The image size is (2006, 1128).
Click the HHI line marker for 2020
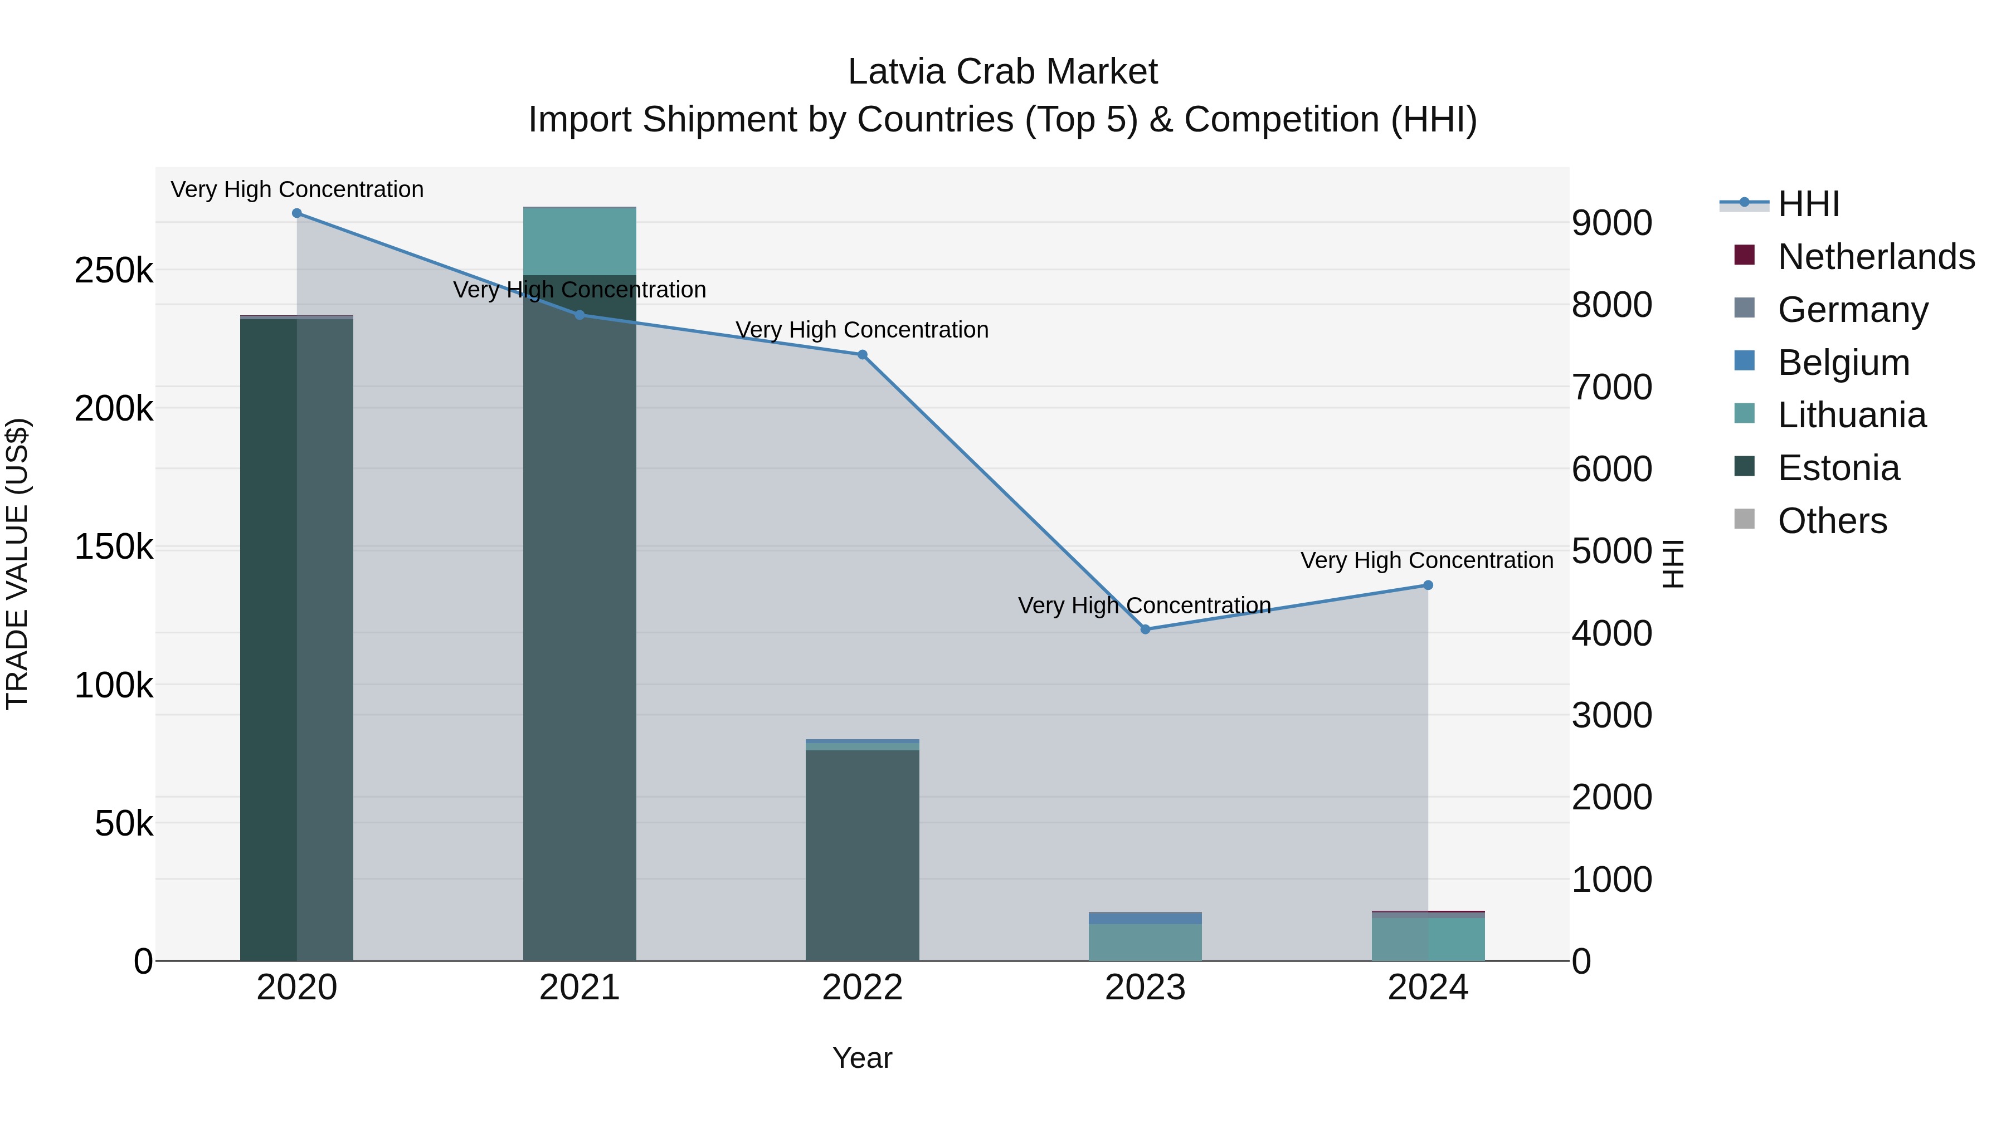click(296, 213)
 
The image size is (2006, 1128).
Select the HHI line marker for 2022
click(862, 355)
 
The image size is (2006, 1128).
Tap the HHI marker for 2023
click(1145, 629)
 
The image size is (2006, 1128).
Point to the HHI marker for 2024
click(1428, 585)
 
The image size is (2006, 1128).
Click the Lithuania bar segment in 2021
click(580, 241)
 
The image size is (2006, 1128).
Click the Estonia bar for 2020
click(296, 638)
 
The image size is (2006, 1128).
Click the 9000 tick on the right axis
click(1611, 223)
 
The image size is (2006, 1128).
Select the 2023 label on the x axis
click(1145, 988)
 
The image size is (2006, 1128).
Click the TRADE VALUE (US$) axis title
click(18, 564)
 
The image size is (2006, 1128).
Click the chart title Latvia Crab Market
click(1002, 72)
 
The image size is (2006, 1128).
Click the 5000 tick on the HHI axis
click(1611, 551)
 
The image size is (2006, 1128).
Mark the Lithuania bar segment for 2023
click(1145, 942)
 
